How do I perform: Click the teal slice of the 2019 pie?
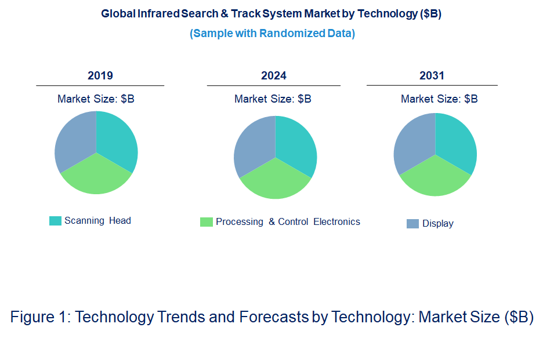[x=116, y=139]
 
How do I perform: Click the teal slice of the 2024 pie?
[x=295, y=143]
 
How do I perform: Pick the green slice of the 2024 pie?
[x=275, y=180]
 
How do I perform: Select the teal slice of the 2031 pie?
[x=455, y=140]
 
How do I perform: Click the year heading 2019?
[x=100, y=76]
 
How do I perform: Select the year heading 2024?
[x=274, y=76]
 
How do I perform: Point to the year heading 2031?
[x=432, y=76]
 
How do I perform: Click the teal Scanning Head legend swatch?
[x=55, y=221]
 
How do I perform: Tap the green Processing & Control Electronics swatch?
[x=206, y=222]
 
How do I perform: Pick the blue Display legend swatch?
[x=412, y=224]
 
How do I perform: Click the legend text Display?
[x=438, y=224]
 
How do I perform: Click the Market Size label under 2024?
[x=273, y=99]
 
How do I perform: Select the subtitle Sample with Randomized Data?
[x=272, y=33]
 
